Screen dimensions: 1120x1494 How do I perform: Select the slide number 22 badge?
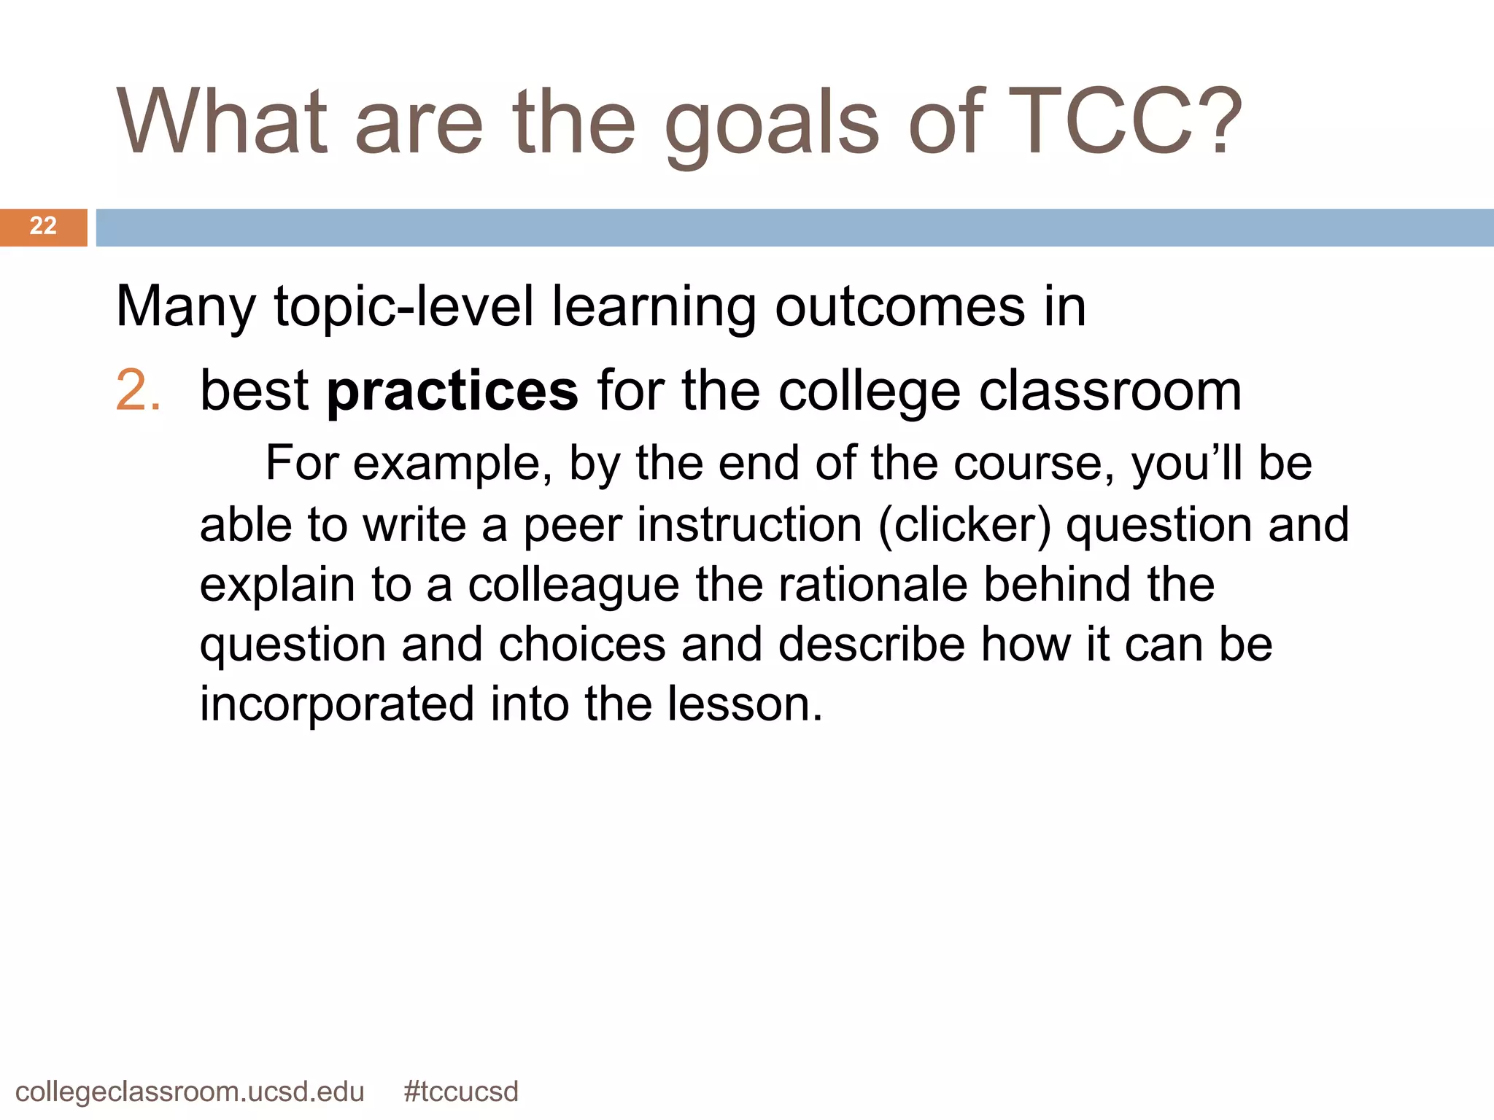[x=43, y=226]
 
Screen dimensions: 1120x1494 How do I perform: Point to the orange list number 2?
[x=137, y=391]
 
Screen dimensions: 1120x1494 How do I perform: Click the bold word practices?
[x=452, y=392]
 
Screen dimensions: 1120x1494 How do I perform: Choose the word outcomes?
[x=900, y=306]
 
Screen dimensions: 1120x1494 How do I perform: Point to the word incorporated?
[x=337, y=705]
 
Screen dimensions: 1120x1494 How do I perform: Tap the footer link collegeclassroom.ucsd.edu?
[x=190, y=1092]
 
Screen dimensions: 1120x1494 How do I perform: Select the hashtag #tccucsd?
[x=461, y=1092]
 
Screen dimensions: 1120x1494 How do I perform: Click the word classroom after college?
[x=1110, y=391]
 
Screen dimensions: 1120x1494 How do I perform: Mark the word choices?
[x=581, y=645]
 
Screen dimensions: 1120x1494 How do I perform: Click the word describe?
[x=871, y=645]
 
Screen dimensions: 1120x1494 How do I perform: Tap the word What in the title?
[x=222, y=122]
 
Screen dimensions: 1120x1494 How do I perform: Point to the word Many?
[x=185, y=308]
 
